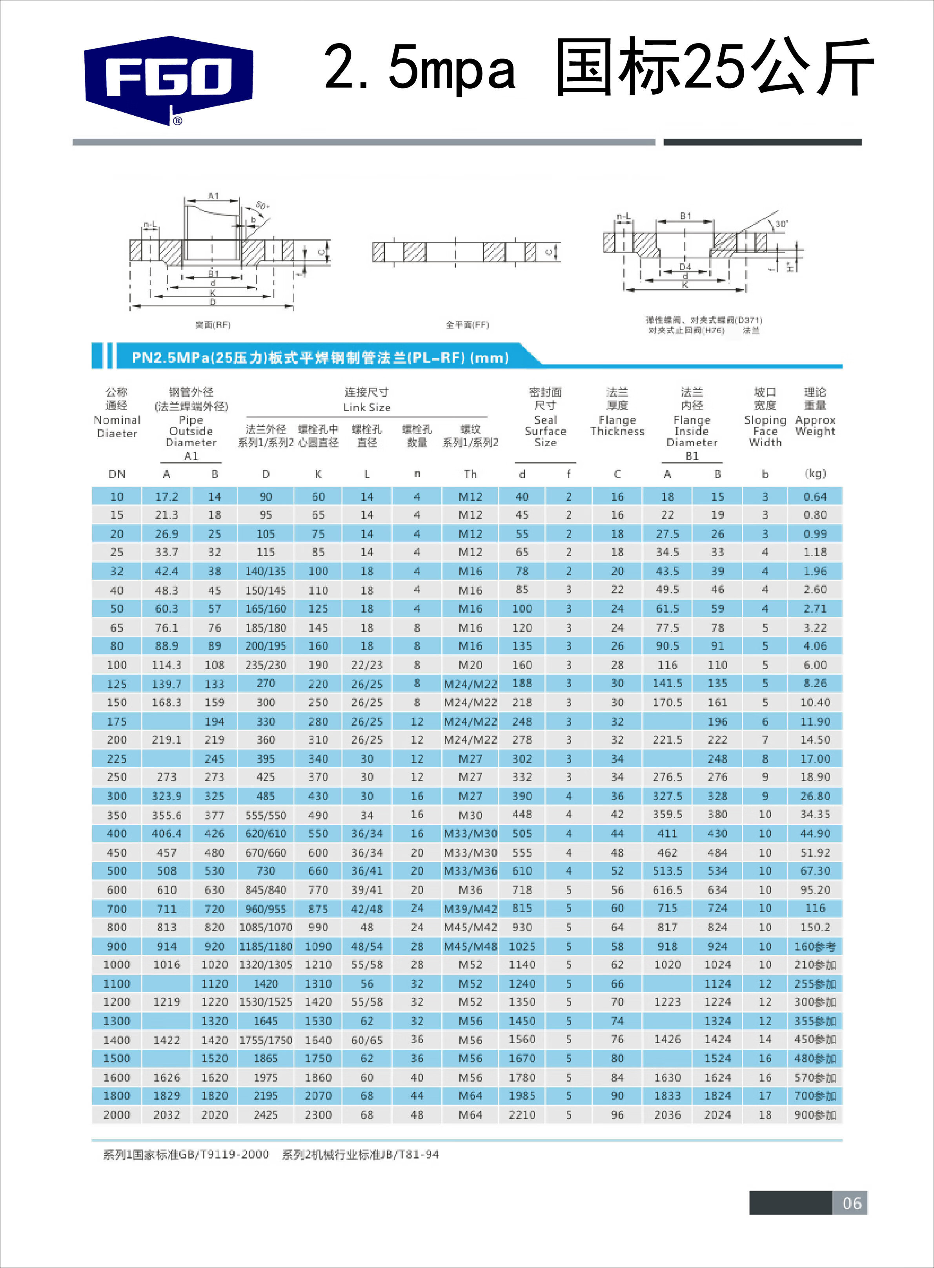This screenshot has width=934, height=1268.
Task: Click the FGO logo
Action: (x=169, y=79)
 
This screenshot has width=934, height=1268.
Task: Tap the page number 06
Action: (x=852, y=1202)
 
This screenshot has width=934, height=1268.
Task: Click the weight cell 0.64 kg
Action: (x=815, y=496)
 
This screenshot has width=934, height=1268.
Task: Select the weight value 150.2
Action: (x=815, y=927)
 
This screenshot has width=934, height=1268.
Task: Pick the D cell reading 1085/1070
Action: (x=266, y=927)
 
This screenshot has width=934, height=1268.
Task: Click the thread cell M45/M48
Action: (x=470, y=946)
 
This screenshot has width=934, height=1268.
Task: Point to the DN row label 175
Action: (x=117, y=721)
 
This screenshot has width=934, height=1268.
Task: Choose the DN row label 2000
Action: (x=117, y=1115)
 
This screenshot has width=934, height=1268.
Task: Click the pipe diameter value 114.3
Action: (x=166, y=665)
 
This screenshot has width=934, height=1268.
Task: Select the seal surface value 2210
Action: (x=521, y=1115)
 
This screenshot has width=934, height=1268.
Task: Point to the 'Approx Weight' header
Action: (x=815, y=425)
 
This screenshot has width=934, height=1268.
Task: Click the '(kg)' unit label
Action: (x=815, y=473)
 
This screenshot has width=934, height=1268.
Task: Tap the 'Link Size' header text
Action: (x=366, y=407)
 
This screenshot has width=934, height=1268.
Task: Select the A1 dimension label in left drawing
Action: (x=213, y=196)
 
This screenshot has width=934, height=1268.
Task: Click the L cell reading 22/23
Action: (x=366, y=665)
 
